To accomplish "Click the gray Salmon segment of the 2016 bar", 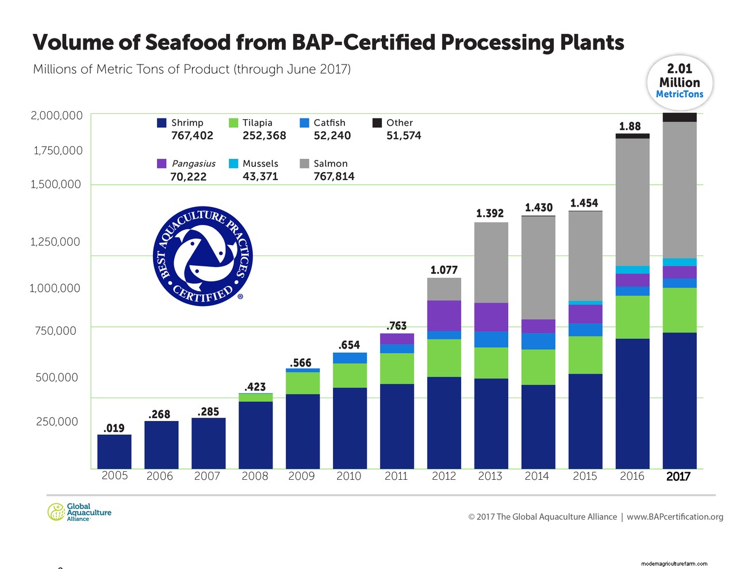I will pyautogui.click(x=632, y=201).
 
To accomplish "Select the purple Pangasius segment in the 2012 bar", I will pyautogui.click(x=444, y=315).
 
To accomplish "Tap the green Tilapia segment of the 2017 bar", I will pyautogui.click(x=680, y=310).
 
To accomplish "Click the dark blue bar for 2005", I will pyautogui.click(x=114, y=452).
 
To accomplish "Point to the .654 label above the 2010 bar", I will pyautogui.click(x=349, y=345).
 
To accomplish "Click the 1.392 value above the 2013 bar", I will pyautogui.click(x=490, y=213).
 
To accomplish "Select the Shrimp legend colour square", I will pyautogui.click(x=162, y=123).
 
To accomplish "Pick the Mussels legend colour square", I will pyautogui.click(x=233, y=163).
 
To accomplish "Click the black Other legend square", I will pyautogui.click(x=377, y=123).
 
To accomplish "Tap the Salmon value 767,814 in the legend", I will pyautogui.click(x=334, y=177).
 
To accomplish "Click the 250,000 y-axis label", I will pyautogui.click(x=57, y=422).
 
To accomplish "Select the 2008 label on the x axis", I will pyautogui.click(x=255, y=476).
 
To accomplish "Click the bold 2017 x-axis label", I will pyautogui.click(x=678, y=476).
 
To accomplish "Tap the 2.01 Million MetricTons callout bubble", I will pyautogui.click(x=680, y=82).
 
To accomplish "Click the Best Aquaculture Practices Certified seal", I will pyautogui.click(x=203, y=256).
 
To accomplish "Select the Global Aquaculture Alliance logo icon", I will pyautogui.click(x=56, y=511).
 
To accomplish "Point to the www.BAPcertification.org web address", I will pyautogui.click(x=675, y=517).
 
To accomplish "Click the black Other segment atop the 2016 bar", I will pyautogui.click(x=632, y=136).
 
